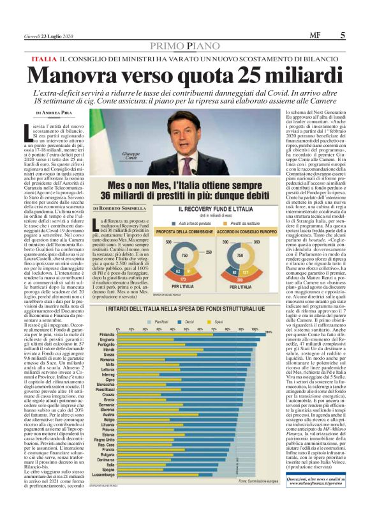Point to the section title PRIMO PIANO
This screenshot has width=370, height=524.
click(x=184, y=46)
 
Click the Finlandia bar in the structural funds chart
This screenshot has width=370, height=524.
click(x=191, y=334)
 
